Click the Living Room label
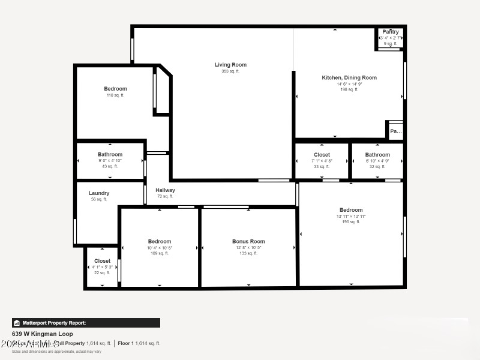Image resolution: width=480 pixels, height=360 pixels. pyautogui.click(x=230, y=65)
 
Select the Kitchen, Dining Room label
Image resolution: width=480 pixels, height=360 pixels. pyautogui.click(x=349, y=77)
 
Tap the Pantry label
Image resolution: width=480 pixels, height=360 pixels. pyautogui.click(x=391, y=32)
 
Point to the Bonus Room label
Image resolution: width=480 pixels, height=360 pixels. pyautogui.click(x=248, y=241)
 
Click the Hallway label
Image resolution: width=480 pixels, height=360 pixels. pyautogui.click(x=165, y=190)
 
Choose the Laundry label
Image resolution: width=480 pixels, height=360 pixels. pyautogui.click(x=99, y=193)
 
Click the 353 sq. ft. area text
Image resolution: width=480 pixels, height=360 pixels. pyautogui.click(x=230, y=71)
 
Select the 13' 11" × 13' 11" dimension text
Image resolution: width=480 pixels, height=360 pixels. pyautogui.click(x=351, y=216)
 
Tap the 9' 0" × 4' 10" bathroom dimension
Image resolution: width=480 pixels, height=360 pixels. pyautogui.click(x=110, y=160)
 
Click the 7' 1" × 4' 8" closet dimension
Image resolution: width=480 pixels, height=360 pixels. pyautogui.click(x=322, y=160)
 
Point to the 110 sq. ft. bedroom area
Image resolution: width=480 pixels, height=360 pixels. pyautogui.click(x=115, y=95)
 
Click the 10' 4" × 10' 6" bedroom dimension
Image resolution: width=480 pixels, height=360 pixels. pyautogui.click(x=160, y=247)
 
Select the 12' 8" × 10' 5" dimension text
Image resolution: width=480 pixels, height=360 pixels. pyautogui.click(x=248, y=247)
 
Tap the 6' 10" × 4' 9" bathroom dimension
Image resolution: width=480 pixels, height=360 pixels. pyautogui.click(x=377, y=160)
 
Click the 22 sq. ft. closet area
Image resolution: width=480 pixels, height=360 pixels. pyautogui.click(x=102, y=272)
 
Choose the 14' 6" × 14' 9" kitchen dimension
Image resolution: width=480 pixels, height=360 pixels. pyautogui.click(x=349, y=84)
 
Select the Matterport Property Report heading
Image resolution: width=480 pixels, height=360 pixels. pyautogui.click(x=54, y=323)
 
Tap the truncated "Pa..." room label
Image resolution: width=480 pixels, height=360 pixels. pyautogui.click(x=395, y=131)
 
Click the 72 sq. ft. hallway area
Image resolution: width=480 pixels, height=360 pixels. pyautogui.click(x=165, y=196)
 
